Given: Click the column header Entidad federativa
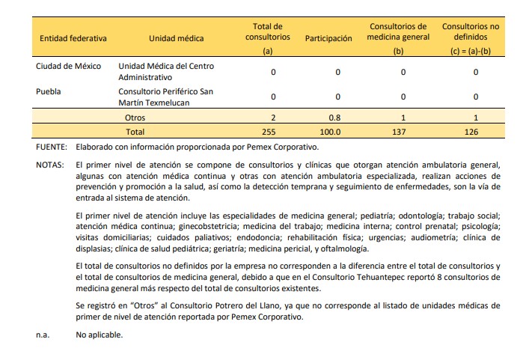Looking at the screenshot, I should tap(73, 38).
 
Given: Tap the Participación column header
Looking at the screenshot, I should tap(328, 38).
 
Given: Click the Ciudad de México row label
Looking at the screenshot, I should tap(69, 67).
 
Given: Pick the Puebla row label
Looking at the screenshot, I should tap(49, 92).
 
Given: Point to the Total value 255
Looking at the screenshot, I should tap(273, 131).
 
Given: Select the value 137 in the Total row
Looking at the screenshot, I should tap(403, 131).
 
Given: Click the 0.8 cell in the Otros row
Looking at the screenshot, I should tap(337, 118).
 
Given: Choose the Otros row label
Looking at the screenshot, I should tap(135, 118).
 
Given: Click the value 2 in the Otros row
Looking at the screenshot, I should tap(273, 118).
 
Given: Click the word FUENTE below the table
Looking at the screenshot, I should tap(52, 147).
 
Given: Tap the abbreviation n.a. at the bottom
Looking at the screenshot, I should tap(43, 335).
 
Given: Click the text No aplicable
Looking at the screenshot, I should tap(99, 335).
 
